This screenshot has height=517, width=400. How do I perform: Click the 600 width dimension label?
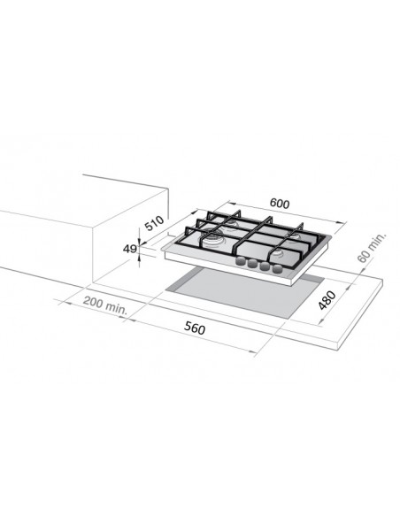point(280,204)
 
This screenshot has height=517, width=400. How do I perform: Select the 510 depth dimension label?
point(155,223)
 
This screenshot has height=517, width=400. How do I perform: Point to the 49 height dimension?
point(129,249)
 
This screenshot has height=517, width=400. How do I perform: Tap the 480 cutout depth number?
point(327,300)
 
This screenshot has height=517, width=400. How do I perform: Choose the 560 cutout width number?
point(195,328)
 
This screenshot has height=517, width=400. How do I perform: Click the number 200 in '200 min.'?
point(92,301)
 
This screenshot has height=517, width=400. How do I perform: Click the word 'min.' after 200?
point(116,308)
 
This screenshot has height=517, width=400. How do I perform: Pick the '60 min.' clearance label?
point(371,248)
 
